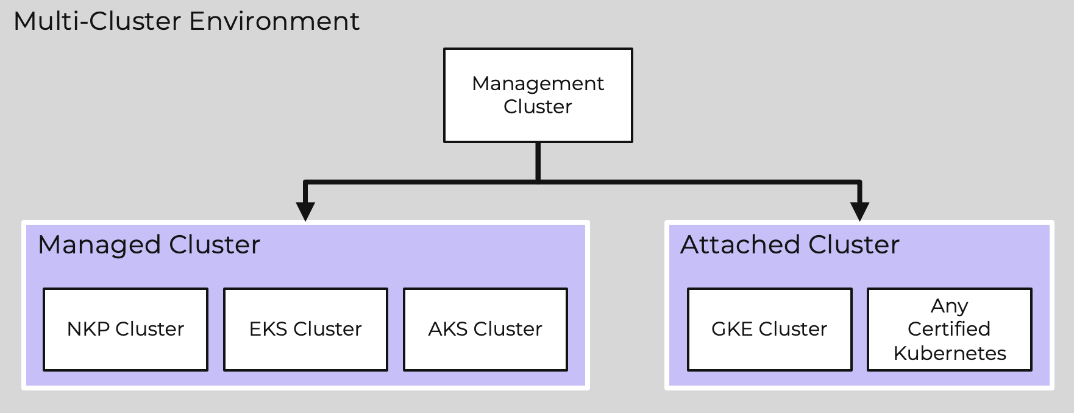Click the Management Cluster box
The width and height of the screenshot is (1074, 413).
[x=538, y=95]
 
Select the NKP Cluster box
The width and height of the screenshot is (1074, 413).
[x=126, y=329]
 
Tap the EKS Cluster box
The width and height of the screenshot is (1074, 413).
[x=305, y=329]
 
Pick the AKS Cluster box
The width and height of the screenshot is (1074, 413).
[x=485, y=329]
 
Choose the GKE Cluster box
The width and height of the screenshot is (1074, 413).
[x=769, y=329]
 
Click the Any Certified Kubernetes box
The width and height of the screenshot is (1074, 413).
[x=949, y=329]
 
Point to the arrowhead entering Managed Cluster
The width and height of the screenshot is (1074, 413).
[x=305, y=211]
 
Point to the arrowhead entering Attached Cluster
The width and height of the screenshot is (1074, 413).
[x=859, y=211]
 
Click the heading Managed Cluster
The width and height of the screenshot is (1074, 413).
[x=149, y=245]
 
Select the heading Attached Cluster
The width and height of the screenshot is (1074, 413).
[x=789, y=245]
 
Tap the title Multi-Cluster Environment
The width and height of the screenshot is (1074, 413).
[x=186, y=21]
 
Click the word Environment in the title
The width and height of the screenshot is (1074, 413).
[x=274, y=21]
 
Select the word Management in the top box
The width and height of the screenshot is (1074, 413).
[x=538, y=83]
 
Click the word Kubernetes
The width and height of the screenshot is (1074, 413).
[x=949, y=353]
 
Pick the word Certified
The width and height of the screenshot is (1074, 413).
[x=948, y=329]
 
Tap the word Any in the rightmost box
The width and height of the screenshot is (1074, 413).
[x=949, y=305]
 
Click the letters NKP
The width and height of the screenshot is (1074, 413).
[x=88, y=329]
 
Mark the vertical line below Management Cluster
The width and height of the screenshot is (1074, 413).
[x=538, y=161]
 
